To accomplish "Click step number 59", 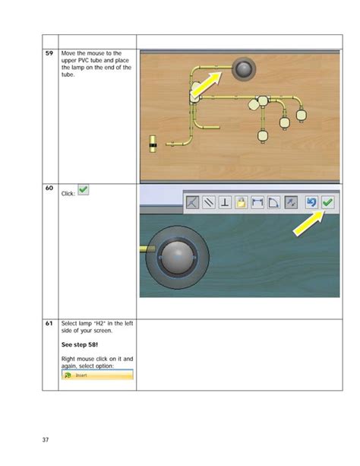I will (x=49, y=53).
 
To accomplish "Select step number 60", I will (x=49, y=188).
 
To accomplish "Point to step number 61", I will (x=49, y=324).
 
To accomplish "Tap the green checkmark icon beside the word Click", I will (x=84, y=190).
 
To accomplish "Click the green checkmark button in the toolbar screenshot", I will (x=327, y=202).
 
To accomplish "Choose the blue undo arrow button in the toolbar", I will (x=311, y=202).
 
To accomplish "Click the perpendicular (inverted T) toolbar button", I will (x=226, y=202).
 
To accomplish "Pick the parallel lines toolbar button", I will (x=209, y=202).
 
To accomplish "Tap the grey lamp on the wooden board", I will (x=243, y=70).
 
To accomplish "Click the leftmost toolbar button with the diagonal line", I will (x=192, y=202).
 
